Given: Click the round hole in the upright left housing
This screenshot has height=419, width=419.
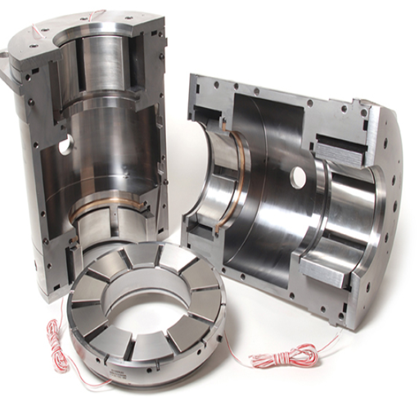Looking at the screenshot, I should (64, 146).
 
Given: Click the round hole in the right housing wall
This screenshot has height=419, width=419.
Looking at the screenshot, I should (298, 177).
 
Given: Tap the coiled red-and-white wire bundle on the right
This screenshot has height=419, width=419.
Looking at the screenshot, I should (282, 357).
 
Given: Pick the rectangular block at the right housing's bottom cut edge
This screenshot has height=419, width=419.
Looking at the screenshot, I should (327, 270).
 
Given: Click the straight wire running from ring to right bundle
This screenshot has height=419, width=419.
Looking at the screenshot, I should (237, 360).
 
